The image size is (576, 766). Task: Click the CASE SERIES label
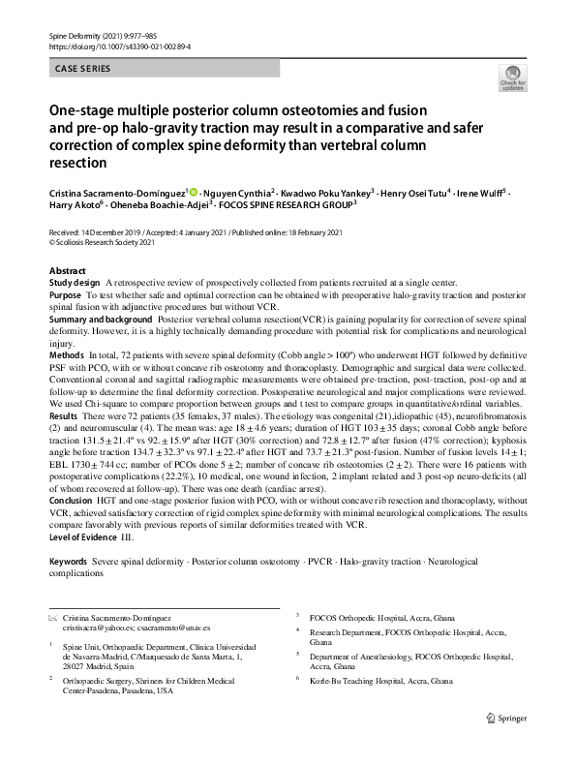82,69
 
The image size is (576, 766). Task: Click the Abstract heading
67,271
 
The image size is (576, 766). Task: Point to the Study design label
74,282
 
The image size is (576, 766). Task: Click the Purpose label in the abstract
65,294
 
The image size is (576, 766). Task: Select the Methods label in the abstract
67,355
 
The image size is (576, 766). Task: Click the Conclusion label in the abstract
71,502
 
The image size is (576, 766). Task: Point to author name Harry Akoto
74,204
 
